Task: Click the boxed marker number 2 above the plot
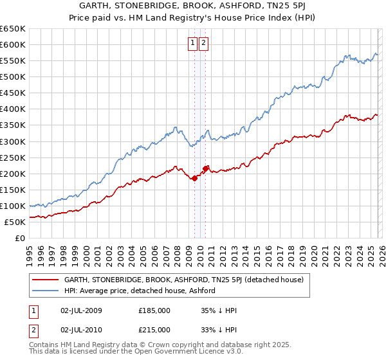click(204, 43)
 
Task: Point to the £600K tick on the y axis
click(13, 44)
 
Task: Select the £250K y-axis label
click(13, 157)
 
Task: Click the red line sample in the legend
click(45, 280)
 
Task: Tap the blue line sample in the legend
click(45, 291)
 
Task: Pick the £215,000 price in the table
click(154, 329)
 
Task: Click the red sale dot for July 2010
click(206, 168)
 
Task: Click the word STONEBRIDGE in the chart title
click(142, 5)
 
